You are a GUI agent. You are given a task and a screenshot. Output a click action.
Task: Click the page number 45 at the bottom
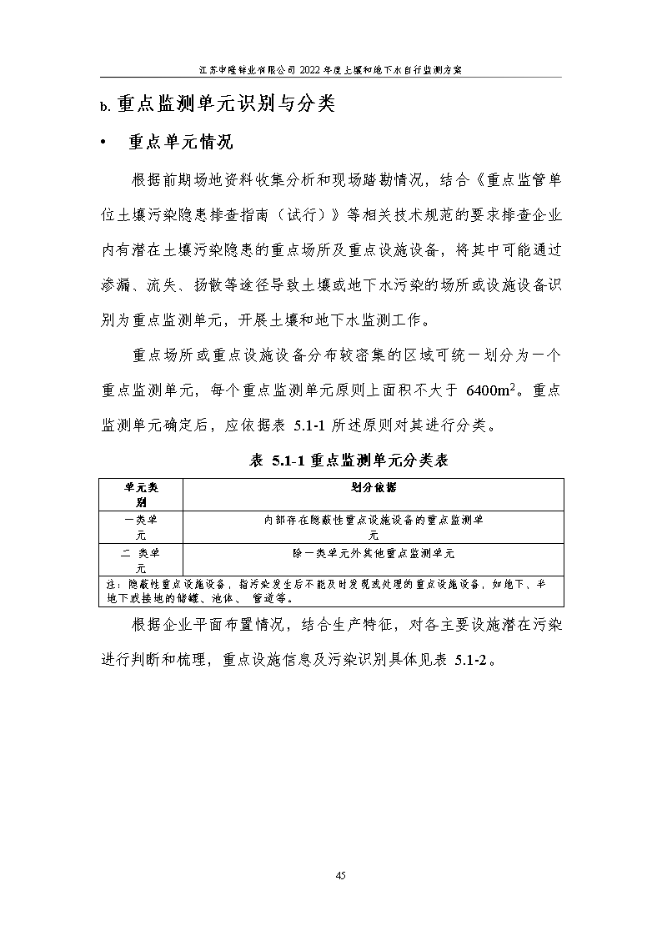340,875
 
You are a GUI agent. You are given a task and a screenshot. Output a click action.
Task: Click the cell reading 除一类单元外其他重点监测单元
373,553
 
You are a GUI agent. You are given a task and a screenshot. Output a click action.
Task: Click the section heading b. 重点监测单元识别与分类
218,104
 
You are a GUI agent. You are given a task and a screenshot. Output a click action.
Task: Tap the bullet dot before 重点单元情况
103,143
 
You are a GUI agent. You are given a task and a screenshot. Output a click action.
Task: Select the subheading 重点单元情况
179,142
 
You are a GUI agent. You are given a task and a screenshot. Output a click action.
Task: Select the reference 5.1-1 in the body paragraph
313,425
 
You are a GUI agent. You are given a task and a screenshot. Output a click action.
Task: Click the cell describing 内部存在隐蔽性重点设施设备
373,527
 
